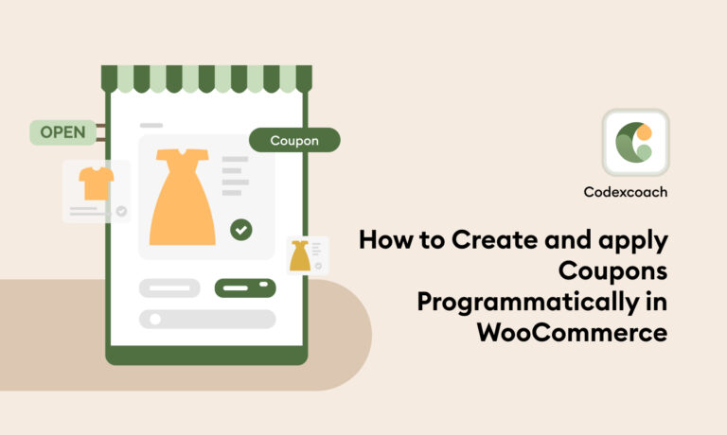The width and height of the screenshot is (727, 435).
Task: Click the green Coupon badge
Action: click(x=294, y=140)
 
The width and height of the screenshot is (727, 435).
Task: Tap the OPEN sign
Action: click(x=63, y=132)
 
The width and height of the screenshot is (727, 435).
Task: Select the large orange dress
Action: click(x=182, y=197)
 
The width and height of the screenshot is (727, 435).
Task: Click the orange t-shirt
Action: click(x=96, y=183)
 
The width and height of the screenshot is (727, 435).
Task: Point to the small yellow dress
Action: click(x=300, y=255)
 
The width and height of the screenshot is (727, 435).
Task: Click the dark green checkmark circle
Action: click(x=241, y=230)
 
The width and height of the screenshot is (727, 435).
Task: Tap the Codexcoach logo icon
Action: click(x=636, y=142)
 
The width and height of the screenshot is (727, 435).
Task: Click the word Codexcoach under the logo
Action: click(x=626, y=192)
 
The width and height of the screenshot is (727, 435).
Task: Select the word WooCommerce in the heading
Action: click(x=572, y=332)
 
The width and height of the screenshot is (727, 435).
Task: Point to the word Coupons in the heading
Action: click(x=613, y=271)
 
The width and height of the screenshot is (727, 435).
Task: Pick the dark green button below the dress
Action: click(x=245, y=287)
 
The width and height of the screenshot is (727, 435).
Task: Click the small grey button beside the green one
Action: click(x=169, y=287)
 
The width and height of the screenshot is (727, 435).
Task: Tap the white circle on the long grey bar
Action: click(x=155, y=319)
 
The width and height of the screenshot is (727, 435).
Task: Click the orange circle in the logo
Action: click(x=644, y=132)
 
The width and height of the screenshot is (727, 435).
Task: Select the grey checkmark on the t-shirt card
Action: click(x=121, y=211)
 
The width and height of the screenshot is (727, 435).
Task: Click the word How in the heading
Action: click(x=385, y=240)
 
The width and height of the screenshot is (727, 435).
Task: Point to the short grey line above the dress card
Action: click(x=151, y=125)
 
